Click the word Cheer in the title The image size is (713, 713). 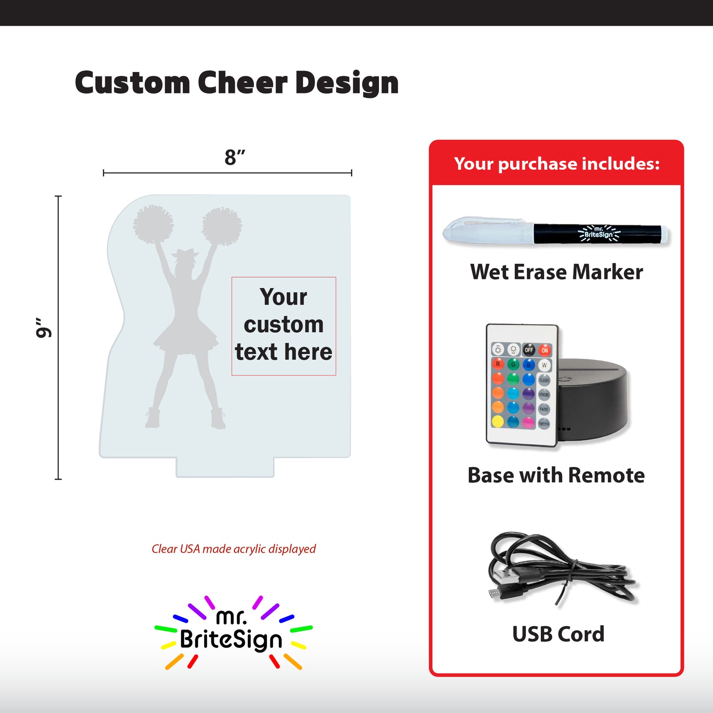coord(242,82)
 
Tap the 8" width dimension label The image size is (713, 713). coord(234,158)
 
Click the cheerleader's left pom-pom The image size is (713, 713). coord(153,224)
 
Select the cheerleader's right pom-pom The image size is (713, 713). coord(222,226)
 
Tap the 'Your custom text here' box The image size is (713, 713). coord(284,326)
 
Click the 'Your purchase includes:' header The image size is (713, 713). coord(557,164)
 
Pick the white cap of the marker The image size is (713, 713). coord(486,231)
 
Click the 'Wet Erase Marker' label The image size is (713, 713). coord(557,272)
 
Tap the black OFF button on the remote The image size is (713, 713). coord(528,350)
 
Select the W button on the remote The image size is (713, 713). coord(544,365)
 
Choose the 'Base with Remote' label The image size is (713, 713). coord(556,475)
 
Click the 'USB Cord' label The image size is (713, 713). coord(558,634)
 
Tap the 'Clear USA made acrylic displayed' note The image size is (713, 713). coord(233,549)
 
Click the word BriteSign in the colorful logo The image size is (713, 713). coord(231,639)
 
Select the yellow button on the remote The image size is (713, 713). coord(498,421)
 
